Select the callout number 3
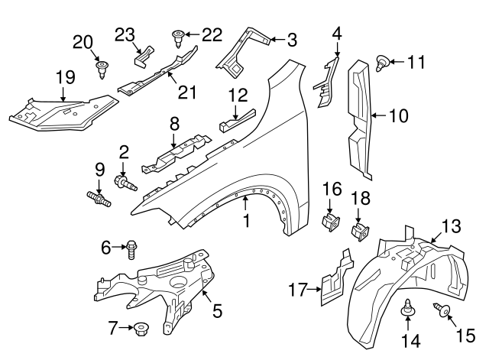pos(292,38)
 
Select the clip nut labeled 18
pos(358,229)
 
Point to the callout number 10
pos(398,116)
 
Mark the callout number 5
pos(217,311)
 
